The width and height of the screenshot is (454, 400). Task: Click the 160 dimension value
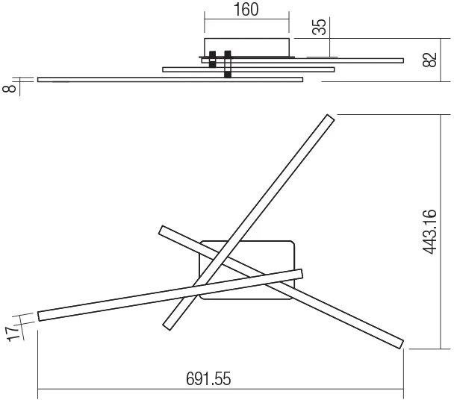point(246,10)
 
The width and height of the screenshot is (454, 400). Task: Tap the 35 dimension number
point(320,27)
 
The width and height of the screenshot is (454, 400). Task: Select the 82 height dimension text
point(429,60)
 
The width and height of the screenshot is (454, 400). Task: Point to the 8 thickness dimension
point(9,88)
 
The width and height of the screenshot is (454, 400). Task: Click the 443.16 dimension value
point(429,232)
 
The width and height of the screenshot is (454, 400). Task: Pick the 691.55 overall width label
point(208,378)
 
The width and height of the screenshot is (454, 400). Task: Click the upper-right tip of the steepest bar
point(332,117)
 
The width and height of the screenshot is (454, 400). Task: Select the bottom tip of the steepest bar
point(167,327)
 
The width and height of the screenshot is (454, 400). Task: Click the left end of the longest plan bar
point(39,316)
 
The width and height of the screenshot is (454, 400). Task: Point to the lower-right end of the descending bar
point(401,345)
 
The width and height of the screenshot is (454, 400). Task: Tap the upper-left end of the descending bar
point(161,230)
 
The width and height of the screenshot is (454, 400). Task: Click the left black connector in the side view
point(213,60)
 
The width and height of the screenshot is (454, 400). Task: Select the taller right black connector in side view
point(228,64)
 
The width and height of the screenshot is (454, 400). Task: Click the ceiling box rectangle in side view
point(246,48)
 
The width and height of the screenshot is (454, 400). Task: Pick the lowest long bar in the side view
point(170,80)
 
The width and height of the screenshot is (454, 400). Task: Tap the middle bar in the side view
point(249,69)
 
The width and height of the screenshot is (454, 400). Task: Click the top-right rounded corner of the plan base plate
point(292,244)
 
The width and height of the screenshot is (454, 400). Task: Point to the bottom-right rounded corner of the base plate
point(291,296)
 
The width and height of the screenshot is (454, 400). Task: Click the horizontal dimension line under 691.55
point(220,390)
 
